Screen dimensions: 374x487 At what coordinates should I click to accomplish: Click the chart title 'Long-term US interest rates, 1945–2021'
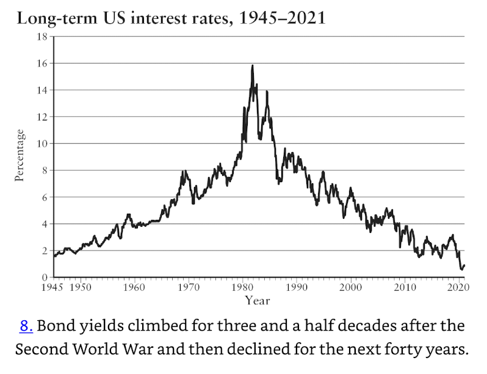point(171,18)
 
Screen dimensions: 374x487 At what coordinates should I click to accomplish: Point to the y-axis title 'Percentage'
point(20,155)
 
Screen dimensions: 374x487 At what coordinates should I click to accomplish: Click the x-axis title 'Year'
point(257,300)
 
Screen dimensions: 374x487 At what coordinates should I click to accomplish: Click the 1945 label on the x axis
point(54,287)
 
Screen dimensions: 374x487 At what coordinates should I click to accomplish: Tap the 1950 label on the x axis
point(81,287)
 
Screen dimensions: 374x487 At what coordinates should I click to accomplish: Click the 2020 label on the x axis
point(457,287)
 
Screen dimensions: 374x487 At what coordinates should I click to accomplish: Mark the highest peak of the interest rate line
point(252,65)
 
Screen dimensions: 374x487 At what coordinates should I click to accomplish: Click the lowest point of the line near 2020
point(461,269)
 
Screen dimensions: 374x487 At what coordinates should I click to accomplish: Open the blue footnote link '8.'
point(26,326)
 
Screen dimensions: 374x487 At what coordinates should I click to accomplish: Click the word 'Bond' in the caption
point(53,326)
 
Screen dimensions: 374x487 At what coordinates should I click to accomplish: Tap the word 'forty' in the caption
point(381,350)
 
